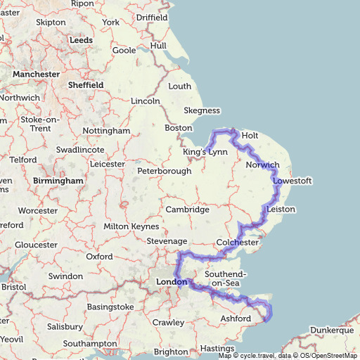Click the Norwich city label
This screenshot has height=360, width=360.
263,165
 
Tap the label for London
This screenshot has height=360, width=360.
169,283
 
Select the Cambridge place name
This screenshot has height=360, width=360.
187,210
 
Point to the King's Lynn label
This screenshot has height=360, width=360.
205,152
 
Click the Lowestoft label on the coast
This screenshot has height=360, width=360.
292,181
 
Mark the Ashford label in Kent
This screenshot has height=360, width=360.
235,319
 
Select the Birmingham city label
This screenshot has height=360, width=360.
58,181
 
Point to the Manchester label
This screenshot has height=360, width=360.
36,74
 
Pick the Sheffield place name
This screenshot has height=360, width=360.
86,85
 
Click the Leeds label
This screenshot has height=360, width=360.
81,41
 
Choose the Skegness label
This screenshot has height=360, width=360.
202,110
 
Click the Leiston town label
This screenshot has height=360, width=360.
281,210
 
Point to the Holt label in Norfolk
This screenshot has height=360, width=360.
250,135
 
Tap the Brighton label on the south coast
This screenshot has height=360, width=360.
171,352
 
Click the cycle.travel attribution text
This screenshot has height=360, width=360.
257,356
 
